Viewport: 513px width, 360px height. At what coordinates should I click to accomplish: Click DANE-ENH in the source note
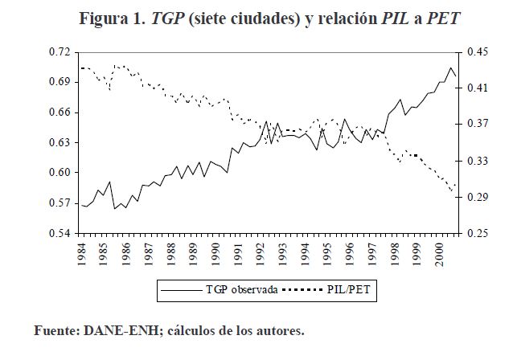[117, 330]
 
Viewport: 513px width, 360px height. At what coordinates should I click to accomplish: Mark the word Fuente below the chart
[55, 330]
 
